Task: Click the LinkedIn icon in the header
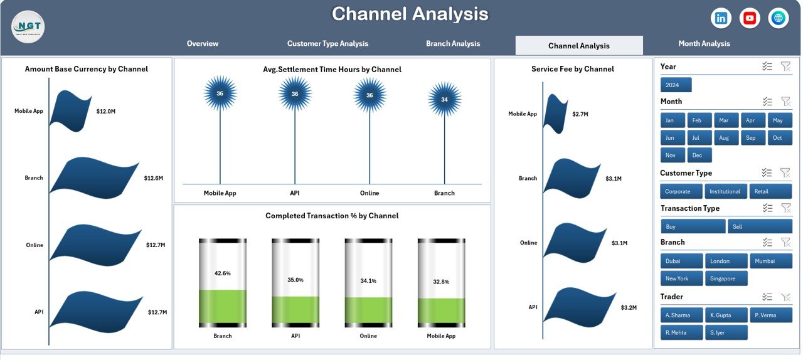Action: tap(721, 18)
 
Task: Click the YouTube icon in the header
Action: tap(750, 18)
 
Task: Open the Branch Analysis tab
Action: tap(453, 44)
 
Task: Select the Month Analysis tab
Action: tap(704, 44)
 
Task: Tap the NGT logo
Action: tap(28, 27)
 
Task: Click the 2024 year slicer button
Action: tap(676, 85)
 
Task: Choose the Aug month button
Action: tap(725, 138)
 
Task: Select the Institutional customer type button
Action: tap(725, 191)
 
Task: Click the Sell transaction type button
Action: tap(760, 226)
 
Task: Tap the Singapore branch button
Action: tap(726, 278)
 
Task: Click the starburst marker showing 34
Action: tap(444, 100)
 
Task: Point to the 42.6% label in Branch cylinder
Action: tap(222, 273)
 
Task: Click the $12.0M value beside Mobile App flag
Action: tap(105, 111)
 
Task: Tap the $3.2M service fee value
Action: tap(629, 307)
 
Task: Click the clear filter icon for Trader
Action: tap(785, 297)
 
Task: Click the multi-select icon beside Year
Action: tap(767, 66)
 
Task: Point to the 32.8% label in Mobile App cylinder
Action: tap(441, 282)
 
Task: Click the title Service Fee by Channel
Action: tap(572, 69)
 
